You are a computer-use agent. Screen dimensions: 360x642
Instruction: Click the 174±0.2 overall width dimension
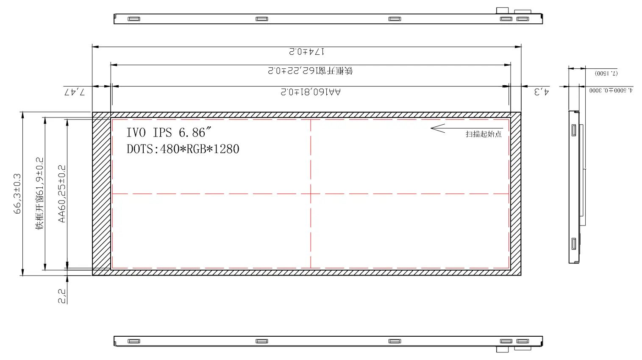point(307,52)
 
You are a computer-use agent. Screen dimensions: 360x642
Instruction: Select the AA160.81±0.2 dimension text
point(311,92)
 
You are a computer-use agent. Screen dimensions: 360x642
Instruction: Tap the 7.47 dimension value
point(75,92)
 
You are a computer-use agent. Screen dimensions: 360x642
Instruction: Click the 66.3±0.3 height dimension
point(18,193)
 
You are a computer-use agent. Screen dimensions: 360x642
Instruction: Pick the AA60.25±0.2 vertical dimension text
point(62,193)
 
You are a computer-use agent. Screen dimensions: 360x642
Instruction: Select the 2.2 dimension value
point(62,296)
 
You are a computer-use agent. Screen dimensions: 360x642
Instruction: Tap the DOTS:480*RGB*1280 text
point(183,149)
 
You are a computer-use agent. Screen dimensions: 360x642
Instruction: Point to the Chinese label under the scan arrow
point(484,134)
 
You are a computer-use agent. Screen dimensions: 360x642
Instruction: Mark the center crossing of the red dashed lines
point(311,194)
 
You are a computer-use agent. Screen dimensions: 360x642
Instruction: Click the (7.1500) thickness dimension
point(606,73)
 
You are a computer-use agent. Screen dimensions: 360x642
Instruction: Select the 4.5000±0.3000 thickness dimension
point(611,90)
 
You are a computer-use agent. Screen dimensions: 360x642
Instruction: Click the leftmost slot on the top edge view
point(134,19)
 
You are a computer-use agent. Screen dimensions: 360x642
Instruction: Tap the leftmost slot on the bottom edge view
point(134,341)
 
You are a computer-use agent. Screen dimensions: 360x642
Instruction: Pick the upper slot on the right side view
point(574,130)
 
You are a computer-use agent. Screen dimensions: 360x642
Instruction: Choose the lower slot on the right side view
point(574,244)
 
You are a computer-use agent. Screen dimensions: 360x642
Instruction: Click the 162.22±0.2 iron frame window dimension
point(311,70)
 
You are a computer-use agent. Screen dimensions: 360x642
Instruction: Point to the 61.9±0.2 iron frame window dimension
point(40,193)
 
